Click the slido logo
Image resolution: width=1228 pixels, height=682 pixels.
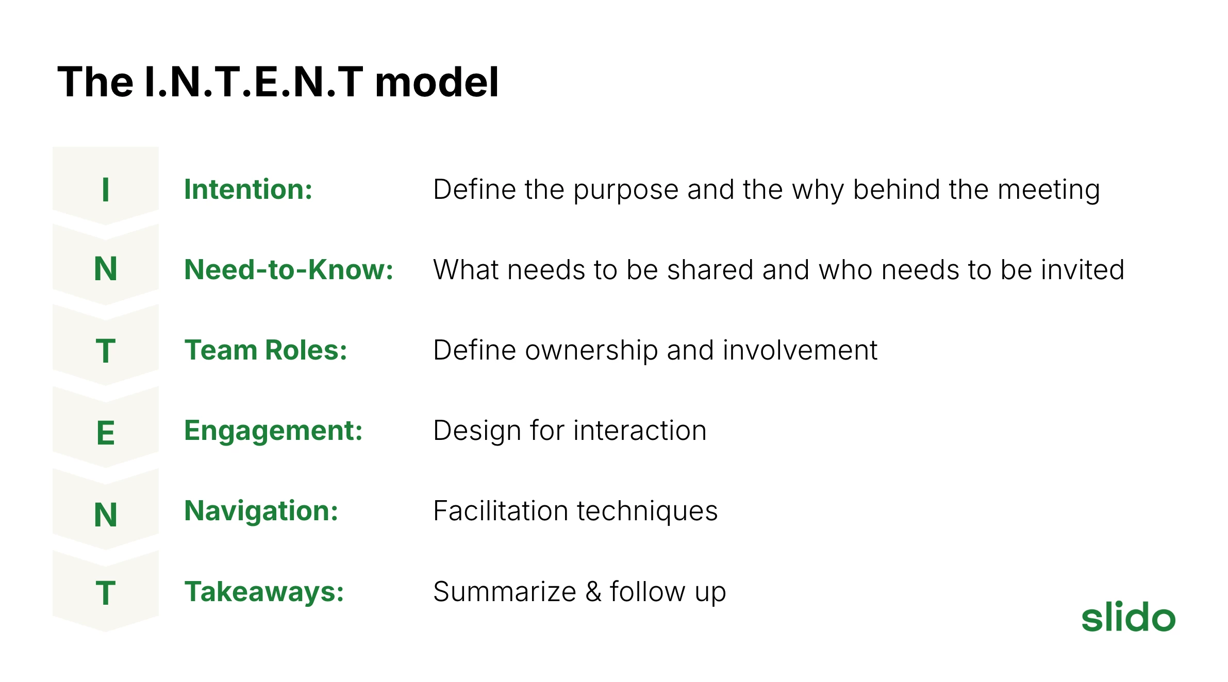(1128, 617)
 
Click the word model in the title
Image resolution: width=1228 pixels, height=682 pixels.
(437, 82)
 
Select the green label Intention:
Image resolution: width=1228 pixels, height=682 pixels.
(248, 189)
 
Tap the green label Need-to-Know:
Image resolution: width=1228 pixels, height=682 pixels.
(289, 269)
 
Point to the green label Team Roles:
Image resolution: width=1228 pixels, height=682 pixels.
(266, 350)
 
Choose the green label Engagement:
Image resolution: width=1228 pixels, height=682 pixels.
(274, 431)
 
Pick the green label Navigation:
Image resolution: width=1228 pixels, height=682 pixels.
(261, 511)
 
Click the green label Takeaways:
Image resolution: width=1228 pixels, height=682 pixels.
(264, 592)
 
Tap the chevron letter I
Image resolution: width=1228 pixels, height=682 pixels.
(106, 190)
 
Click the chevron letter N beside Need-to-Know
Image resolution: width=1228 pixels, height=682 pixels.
(106, 269)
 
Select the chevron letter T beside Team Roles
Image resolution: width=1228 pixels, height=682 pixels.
(106, 351)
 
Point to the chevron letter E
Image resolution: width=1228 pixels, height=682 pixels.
(106, 433)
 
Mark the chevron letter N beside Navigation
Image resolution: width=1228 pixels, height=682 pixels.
(106, 515)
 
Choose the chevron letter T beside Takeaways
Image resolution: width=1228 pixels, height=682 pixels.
(106, 593)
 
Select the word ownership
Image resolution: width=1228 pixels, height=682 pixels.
(592, 351)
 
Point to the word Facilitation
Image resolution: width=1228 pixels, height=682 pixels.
(501, 511)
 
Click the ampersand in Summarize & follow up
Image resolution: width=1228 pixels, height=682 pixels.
(593, 592)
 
